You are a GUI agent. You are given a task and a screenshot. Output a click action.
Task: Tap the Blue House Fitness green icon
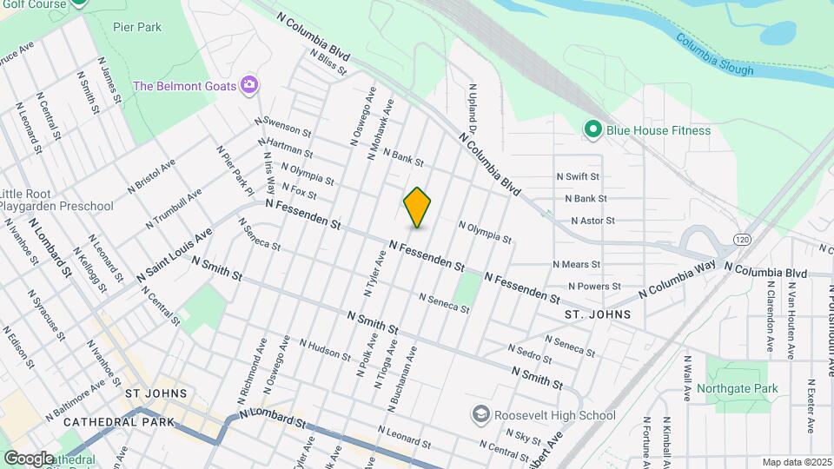point(593,130)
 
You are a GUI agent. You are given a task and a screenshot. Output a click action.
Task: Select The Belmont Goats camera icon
point(249,85)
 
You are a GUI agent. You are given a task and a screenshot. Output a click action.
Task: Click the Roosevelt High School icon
point(480,414)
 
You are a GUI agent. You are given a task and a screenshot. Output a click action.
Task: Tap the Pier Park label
point(137,27)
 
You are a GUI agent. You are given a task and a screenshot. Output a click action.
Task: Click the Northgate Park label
point(738,388)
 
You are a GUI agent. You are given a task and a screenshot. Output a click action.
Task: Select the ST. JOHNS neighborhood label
point(597,314)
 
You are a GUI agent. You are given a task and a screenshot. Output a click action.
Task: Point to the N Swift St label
point(578,176)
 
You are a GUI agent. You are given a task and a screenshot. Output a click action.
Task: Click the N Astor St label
point(592,221)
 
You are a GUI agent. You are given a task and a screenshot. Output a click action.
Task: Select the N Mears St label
point(577,264)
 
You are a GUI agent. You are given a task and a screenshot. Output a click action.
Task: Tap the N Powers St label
point(594,286)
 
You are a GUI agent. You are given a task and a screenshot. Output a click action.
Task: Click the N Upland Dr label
point(474,108)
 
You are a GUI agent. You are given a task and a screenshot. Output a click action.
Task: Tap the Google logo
point(29,458)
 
